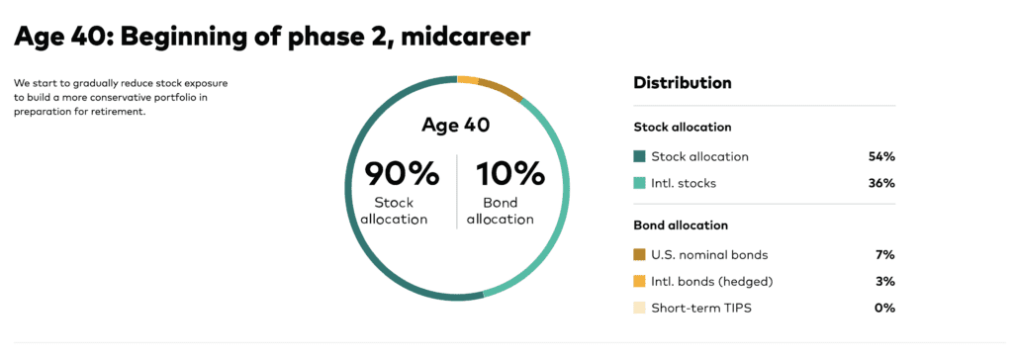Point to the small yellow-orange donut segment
point(468,79)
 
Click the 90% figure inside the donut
point(402,173)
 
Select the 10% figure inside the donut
point(510,173)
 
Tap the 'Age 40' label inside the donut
point(455,125)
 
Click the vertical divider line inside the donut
point(457,191)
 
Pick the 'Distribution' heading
point(683,83)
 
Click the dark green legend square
point(640,156)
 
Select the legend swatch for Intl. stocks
point(640,184)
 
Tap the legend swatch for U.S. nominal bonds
point(640,254)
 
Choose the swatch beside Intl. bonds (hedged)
point(640,281)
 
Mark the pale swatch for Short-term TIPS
point(640,309)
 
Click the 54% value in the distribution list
point(881,156)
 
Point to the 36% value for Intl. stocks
point(881,184)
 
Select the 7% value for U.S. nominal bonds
point(885,254)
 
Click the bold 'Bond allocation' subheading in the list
point(681,225)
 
